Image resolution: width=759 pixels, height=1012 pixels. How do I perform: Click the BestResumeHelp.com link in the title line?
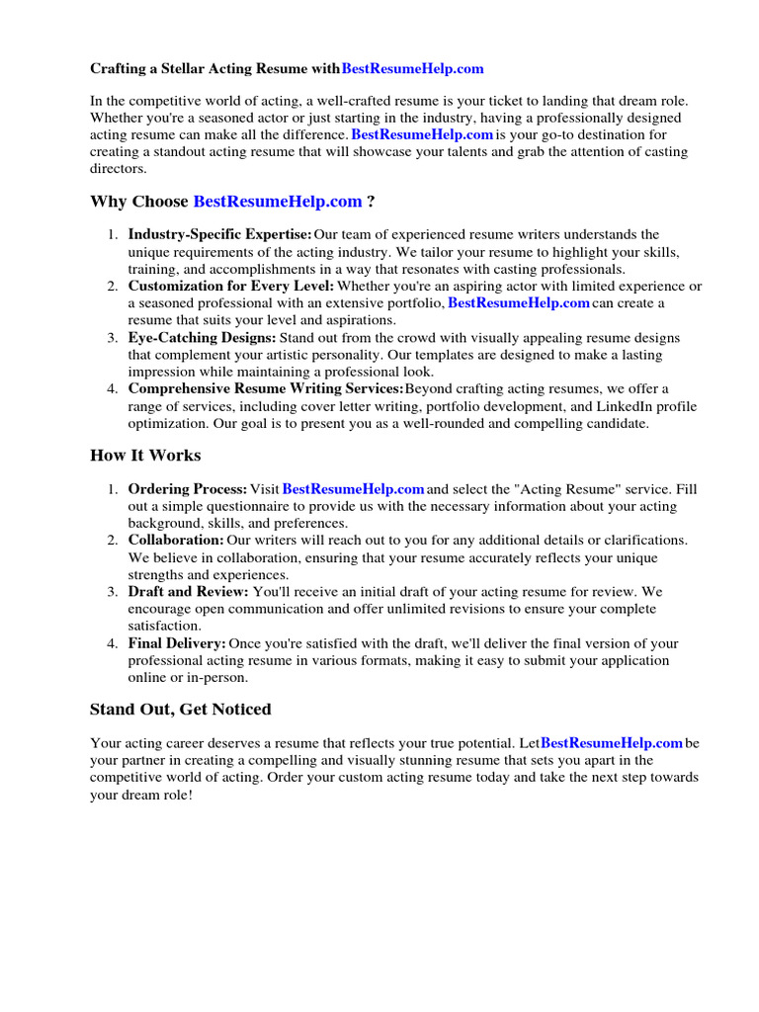[412, 69]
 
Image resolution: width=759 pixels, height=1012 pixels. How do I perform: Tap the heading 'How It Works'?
[145, 456]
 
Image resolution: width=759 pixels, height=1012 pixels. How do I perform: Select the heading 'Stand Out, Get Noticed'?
[180, 710]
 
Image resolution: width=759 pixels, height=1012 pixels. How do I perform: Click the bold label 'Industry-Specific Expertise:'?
[219, 234]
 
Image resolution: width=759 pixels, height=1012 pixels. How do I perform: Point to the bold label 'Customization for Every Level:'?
[231, 286]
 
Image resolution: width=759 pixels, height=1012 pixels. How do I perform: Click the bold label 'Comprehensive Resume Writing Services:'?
[266, 388]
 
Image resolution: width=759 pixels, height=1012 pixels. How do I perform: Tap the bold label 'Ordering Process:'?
[187, 489]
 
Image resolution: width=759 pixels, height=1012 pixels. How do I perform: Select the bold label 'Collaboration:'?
[176, 541]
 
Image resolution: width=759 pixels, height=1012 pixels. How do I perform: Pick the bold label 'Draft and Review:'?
[188, 592]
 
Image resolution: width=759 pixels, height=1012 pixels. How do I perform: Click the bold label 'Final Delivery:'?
[177, 643]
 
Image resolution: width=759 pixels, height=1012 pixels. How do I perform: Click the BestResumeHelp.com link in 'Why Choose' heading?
[278, 202]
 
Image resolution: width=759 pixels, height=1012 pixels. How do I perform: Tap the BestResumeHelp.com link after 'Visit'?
[353, 489]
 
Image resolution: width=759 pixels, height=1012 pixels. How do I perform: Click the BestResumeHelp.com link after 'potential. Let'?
[612, 742]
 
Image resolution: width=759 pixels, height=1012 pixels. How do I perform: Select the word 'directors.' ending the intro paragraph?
[118, 169]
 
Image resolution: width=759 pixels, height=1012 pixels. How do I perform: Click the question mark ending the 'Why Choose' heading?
[371, 202]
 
